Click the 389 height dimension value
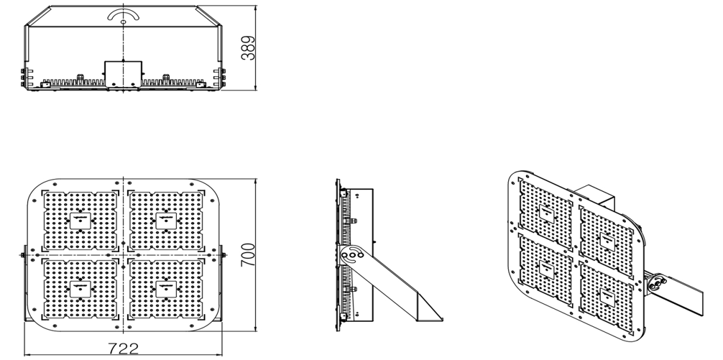pos(248,48)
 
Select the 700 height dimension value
pos(248,255)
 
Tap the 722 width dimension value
pos(123,349)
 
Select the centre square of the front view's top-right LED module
pos(167,221)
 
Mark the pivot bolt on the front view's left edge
pos(24,255)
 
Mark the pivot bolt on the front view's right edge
pos(222,255)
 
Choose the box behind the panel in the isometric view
pos(593,194)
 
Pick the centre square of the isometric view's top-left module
pos(546,213)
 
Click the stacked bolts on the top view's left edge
pos(23,77)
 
